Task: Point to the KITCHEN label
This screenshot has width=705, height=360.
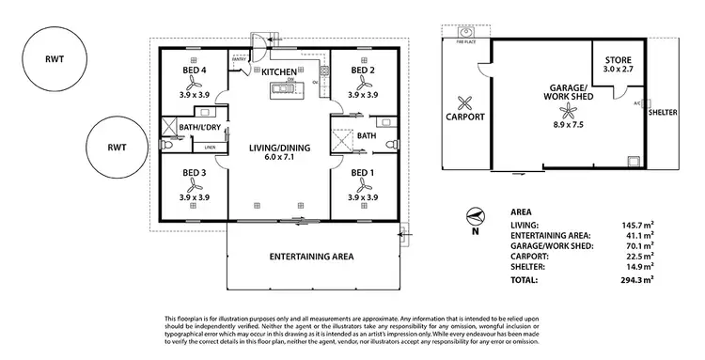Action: [279, 72]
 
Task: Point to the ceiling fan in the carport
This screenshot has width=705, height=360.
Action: [463, 103]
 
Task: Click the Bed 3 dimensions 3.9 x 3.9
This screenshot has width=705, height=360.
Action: [195, 197]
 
